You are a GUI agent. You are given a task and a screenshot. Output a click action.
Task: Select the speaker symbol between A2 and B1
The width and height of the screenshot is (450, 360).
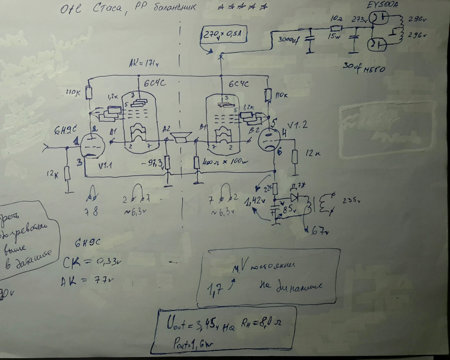pyautogui.click(x=182, y=138)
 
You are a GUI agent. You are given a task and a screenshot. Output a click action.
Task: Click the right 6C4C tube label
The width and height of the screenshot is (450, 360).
pyautogui.click(x=238, y=84)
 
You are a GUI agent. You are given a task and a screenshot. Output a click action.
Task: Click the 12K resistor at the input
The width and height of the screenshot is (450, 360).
pyautogui.click(x=67, y=173)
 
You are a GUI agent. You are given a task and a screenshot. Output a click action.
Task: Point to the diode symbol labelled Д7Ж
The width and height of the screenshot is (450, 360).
pyautogui.click(x=295, y=197)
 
